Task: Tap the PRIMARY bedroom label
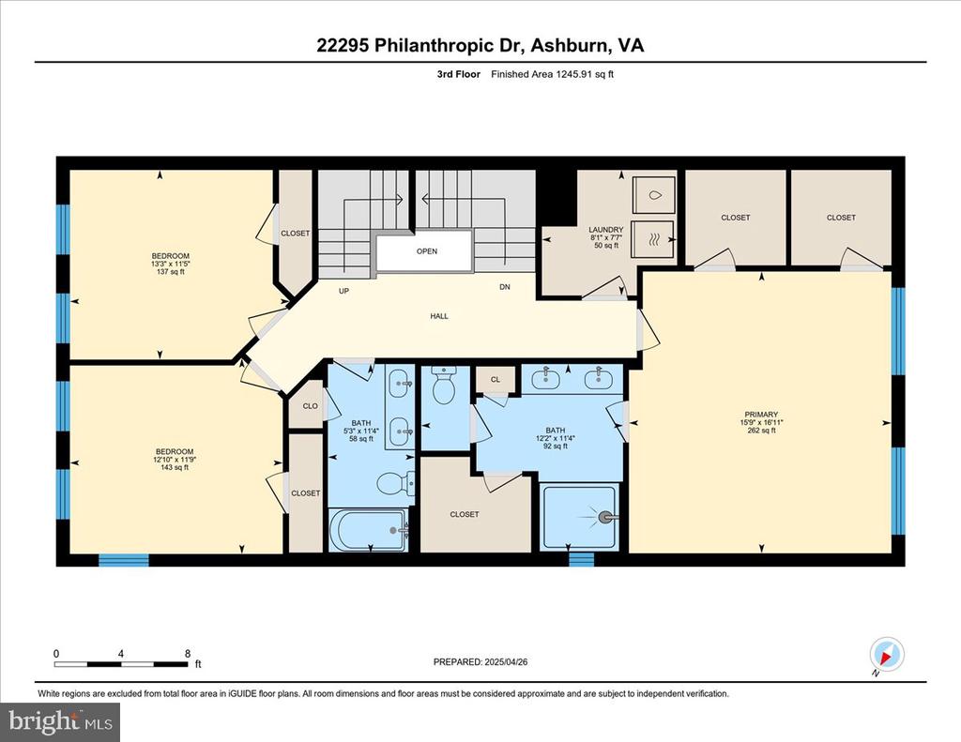[x=761, y=415]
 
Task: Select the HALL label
[x=439, y=316]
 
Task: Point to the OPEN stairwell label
[x=427, y=251]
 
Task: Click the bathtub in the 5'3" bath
[x=368, y=530]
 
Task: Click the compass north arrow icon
[x=887, y=655]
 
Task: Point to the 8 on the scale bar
[x=188, y=654]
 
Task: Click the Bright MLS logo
[x=60, y=721]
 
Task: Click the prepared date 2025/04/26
[x=506, y=661]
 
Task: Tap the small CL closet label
[x=496, y=379]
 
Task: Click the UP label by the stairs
[x=343, y=291]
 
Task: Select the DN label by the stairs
[x=504, y=287]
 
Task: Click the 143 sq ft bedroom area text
[x=174, y=467]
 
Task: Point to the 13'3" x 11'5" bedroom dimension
[x=171, y=265]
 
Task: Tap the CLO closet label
[x=310, y=405]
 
